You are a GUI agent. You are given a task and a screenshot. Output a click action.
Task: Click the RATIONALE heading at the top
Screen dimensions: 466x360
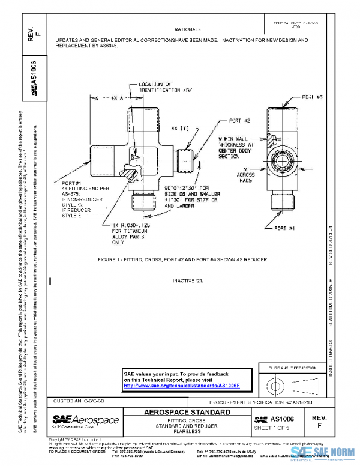tap(187, 29)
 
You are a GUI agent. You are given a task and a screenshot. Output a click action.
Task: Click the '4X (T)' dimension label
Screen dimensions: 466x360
tap(179, 129)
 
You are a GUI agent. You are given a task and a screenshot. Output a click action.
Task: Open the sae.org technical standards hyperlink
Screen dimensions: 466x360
tap(181, 386)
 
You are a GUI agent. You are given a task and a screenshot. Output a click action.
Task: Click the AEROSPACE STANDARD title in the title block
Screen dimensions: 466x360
tap(187, 413)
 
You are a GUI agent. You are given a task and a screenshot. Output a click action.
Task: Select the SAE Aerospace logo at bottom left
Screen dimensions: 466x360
tap(85, 420)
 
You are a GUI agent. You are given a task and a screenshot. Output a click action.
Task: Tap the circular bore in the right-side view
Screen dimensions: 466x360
tap(283, 160)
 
